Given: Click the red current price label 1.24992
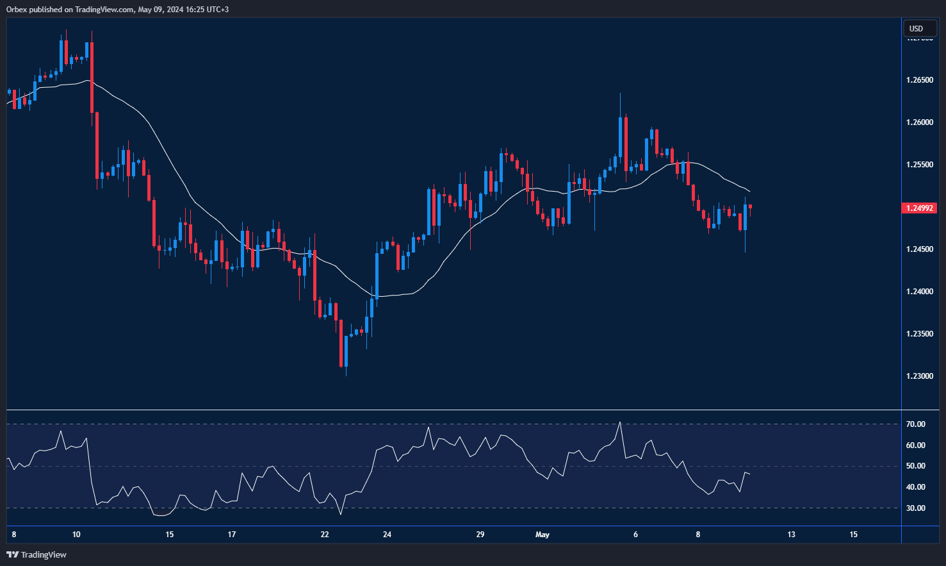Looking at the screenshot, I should tap(919, 208).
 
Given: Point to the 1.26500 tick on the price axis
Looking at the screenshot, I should tap(919, 80).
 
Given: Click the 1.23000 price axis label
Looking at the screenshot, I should tap(919, 376).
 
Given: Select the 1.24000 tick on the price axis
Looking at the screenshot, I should tap(919, 292).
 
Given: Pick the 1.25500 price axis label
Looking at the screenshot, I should tap(919, 165).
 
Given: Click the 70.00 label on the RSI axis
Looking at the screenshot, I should tap(915, 424).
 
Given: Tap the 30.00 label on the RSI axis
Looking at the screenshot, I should tap(915, 508).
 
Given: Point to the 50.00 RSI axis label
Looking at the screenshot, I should tap(915, 466).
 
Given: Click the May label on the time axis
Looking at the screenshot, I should tap(542, 535).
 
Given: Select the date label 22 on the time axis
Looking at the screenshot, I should tap(325, 535).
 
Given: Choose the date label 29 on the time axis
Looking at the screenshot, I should tap(480, 535).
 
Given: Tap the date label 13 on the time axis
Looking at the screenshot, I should tap(792, 535).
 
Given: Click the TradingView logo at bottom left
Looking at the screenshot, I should tap(37, 554).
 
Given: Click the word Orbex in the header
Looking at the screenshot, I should tap(15, 10).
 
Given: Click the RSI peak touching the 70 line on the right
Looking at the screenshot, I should tap(620, 423).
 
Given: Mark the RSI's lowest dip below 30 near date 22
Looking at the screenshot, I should tap(341, 513).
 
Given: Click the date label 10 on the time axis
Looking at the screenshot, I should tap(76, 535).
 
